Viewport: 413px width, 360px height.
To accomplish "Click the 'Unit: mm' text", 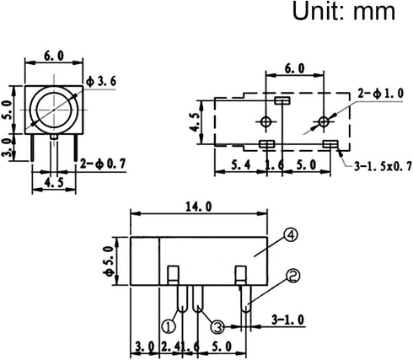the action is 344,11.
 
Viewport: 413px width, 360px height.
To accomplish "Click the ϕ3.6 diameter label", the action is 101,82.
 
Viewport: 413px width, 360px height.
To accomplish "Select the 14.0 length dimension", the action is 198,207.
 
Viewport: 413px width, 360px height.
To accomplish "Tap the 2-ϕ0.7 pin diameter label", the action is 103,164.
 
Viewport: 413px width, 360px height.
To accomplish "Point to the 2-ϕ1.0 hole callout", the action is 381,94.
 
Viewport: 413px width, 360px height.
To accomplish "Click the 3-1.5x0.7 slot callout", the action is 383,166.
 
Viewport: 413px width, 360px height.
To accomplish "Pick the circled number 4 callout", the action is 291,235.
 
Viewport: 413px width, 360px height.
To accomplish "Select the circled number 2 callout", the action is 293,276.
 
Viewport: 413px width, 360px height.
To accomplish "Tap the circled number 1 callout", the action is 169,326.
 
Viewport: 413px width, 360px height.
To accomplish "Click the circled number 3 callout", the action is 217,327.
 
